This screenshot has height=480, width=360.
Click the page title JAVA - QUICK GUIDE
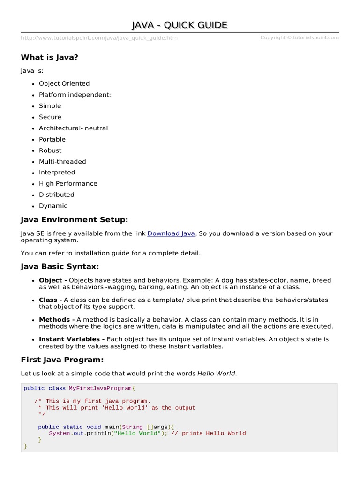coord(180,25)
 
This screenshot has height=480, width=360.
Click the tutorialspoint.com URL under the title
coord(99,38)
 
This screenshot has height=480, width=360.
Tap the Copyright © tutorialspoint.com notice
coord(300,37)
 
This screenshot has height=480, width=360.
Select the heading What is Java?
coord(49,57)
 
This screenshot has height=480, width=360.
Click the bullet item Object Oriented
coord(64,83)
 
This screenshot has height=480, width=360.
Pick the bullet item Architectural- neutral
coord(73,128)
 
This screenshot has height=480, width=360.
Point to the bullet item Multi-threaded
coord(62,161)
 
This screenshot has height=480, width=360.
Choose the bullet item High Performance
coord(68,183)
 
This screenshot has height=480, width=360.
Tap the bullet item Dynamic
coord(53,206)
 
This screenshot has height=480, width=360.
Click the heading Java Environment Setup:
coord(74,219)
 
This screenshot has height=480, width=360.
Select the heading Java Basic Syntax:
coord(60,266)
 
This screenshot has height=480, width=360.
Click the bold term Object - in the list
coord(53,280)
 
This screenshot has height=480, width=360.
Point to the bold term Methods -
coord(57,319)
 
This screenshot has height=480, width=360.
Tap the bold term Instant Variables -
coord(72,339)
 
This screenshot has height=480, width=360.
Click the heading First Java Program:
coord(62,360)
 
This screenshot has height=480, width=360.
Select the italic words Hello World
coord(217,374)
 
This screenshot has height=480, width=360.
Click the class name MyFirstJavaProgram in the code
coord(100,388)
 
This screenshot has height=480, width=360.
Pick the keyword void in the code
coord(94,427)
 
